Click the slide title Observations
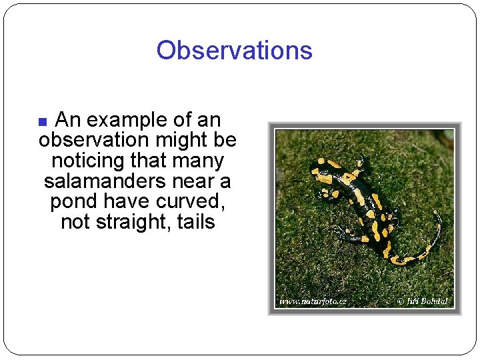pos(234,51)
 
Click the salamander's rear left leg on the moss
pos(347,233)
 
